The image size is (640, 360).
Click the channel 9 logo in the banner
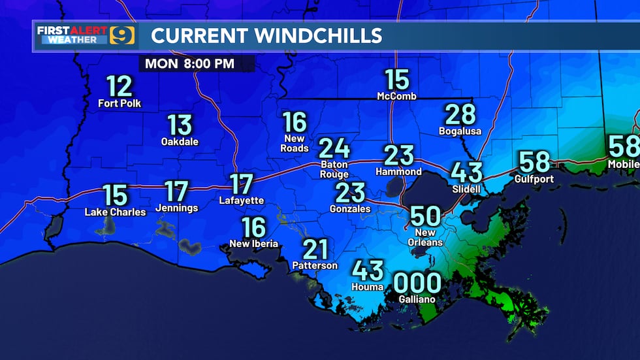(122, 35)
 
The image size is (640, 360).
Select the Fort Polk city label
(120, 103)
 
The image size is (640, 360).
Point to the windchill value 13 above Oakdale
(180, 124)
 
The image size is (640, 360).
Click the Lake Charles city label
(116, 212)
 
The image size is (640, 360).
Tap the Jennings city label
(176, 208)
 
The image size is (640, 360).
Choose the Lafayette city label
(241, 201)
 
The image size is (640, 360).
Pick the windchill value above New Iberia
(253, 227)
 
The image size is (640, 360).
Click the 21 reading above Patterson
(315, 249)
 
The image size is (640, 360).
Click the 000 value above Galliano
(417, 284)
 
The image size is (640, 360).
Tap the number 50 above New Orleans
(425, 216)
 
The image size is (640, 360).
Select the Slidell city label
(466, 189)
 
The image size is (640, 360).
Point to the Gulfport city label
(535, 178)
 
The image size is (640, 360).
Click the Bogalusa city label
(460, 131)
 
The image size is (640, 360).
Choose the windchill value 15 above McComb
(396, 80)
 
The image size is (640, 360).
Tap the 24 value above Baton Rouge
(334, 148)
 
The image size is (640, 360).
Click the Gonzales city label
(350, 209)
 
